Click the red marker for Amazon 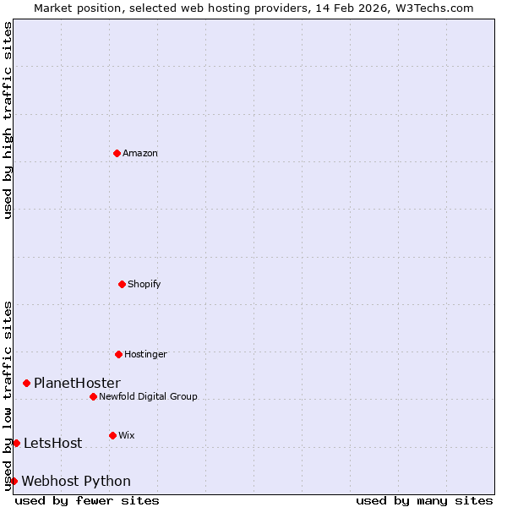(x=117, y=153)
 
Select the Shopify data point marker (x=122, y=284)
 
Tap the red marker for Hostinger (x=118, y=354)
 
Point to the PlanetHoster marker (x=26, y=383)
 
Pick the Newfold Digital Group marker (x=93, y=396)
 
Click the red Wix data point (x=112, y=435)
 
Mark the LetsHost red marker (x=16, y=443)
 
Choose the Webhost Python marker (x=14, y=481)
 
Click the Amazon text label (x=140, y=153)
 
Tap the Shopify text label (x=144, y=284)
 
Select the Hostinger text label (x=145, y=354)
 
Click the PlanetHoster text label (x=77, y=383)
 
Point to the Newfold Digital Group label (x=148, y=396)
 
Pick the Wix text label (x=126, y=435)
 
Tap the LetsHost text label (x=52, y=443)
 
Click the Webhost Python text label (x=76, y=481)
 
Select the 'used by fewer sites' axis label (x=87, y=500)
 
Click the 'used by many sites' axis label (x=424, y=500)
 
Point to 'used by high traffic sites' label (x=8, y=120)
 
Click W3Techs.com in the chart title (x=433, y=8)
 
